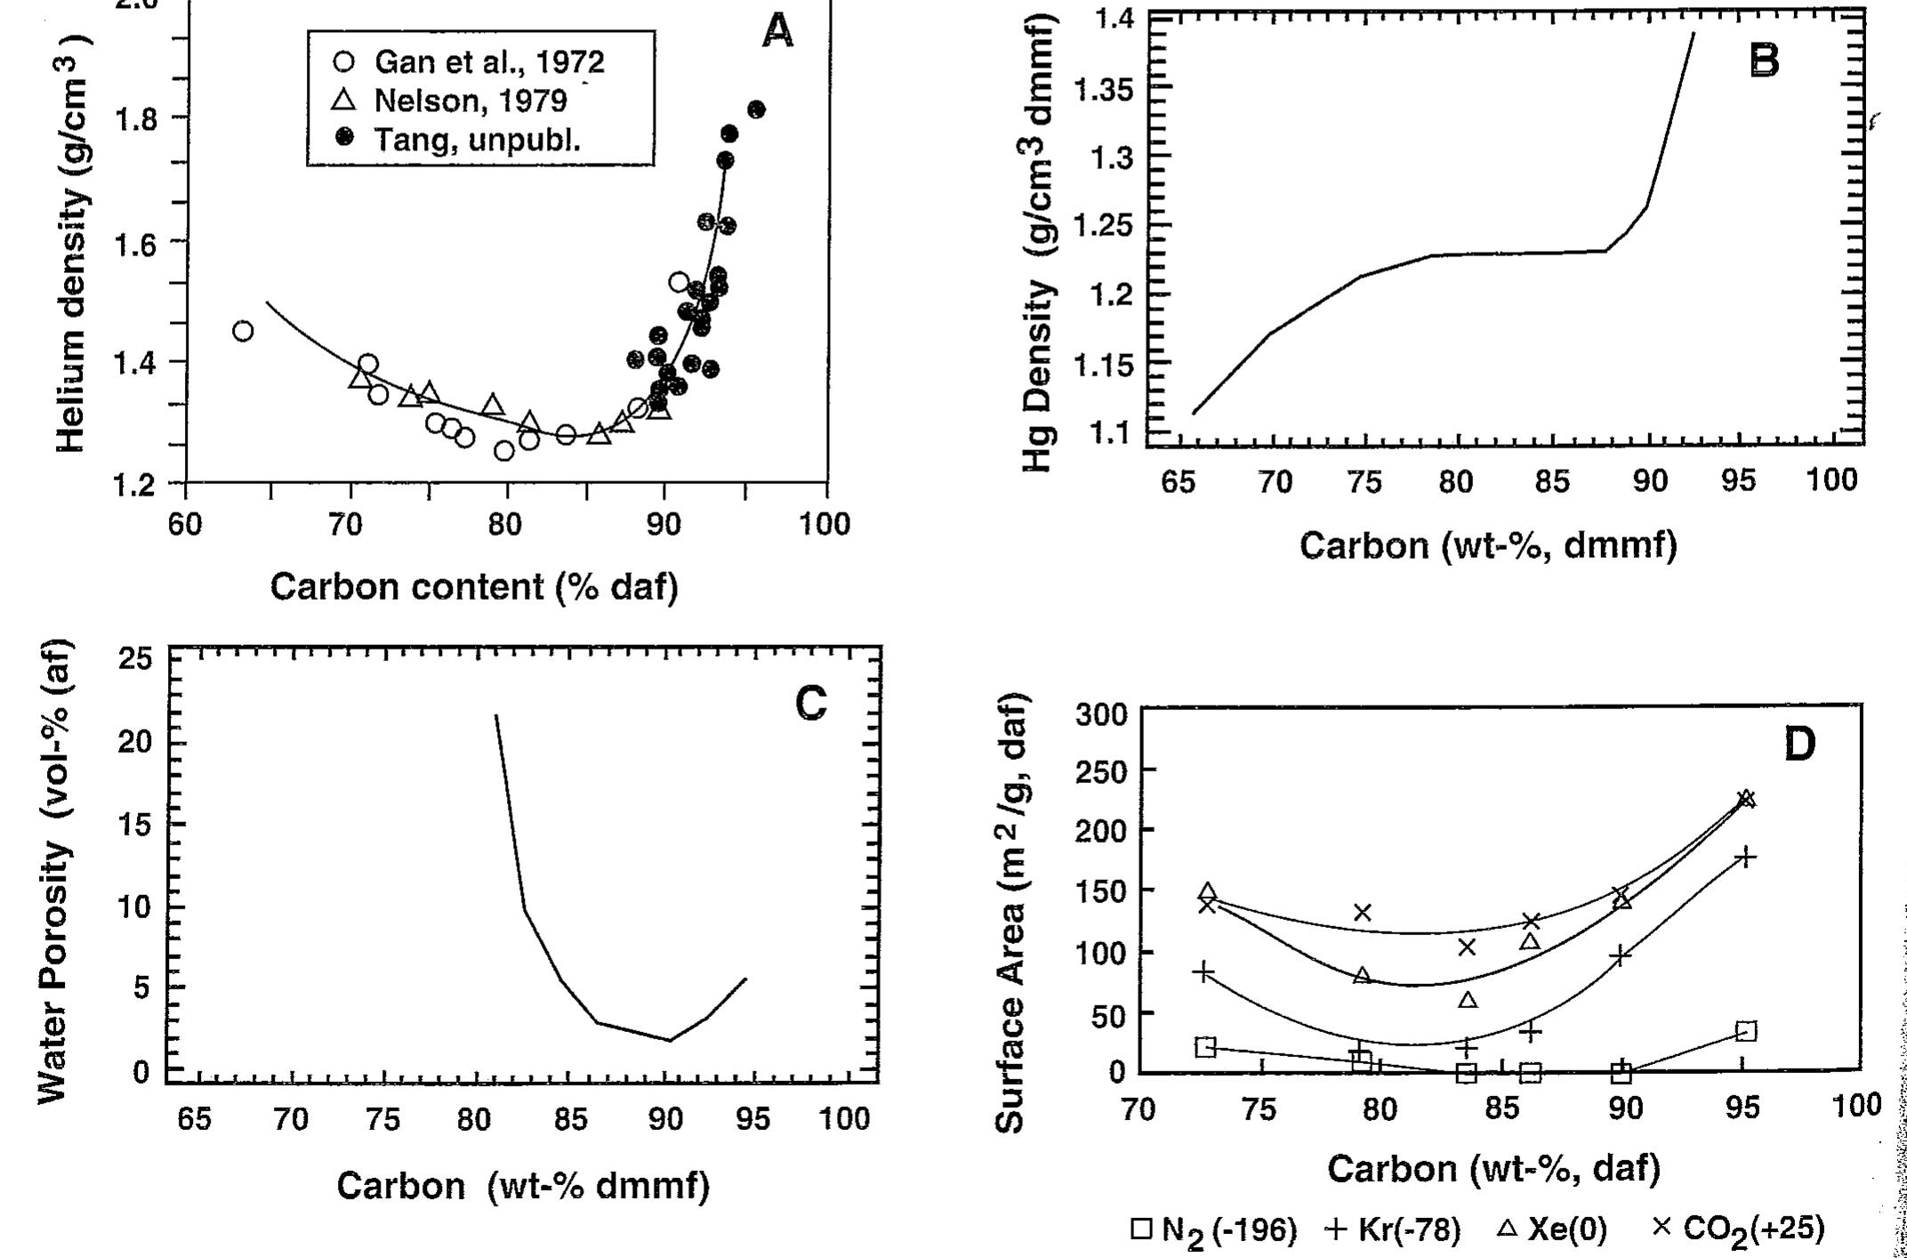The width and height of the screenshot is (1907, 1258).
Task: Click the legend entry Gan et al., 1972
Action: (471, 61)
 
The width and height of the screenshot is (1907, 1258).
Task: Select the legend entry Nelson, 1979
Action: (454, 101)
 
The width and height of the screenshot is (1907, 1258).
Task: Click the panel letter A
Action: (777, 33)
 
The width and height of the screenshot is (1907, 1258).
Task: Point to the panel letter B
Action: (1764, 61)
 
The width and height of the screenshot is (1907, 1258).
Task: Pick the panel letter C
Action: (810, 704)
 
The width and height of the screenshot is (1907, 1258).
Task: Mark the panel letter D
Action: (1798, 745)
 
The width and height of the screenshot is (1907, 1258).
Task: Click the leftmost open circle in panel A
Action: (243, 331)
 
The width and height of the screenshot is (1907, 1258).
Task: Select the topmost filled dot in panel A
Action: (756, 109)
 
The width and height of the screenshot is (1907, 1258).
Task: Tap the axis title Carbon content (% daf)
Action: (474, 587)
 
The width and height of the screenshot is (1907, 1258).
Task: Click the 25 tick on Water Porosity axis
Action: (136, 659)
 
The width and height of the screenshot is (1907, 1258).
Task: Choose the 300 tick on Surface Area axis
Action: (1101, 714)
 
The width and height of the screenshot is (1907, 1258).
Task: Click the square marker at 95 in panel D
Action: (1746, 1031)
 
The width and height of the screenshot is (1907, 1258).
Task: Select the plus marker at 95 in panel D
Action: (1746, 858)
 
